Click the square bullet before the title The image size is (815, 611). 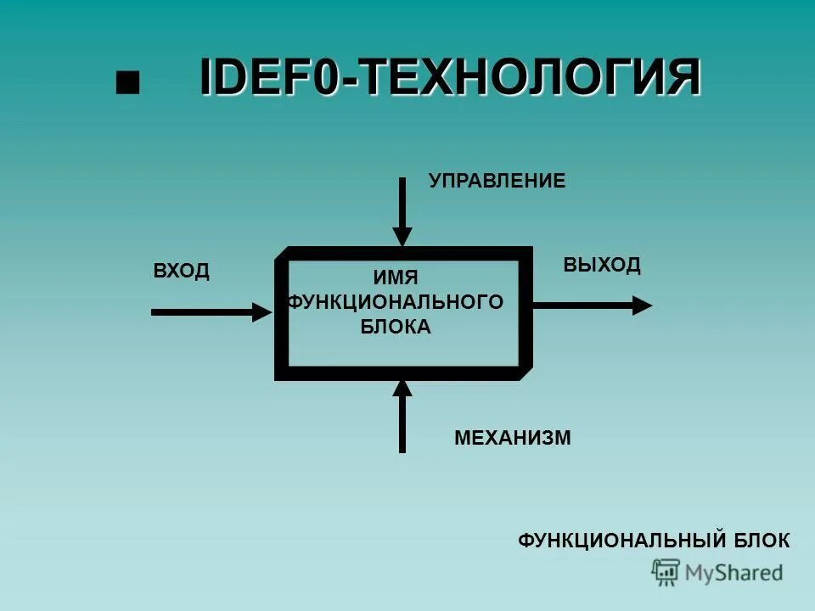(x=127, y=82)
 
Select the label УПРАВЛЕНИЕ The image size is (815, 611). (x=497, y=181)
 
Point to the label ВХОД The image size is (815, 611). (x=181, y=272)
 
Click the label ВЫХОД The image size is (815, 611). (x=602, y=265)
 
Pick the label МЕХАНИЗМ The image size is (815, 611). (x=513, y=438)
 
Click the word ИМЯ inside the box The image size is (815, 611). (x=396, y=277)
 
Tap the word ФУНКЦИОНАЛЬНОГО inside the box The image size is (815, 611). (x=396, y=301)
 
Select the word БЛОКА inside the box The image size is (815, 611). (x=396, y=327)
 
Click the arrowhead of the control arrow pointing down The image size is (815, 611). (x=402, y=236)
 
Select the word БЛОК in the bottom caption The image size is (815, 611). (x=761, y=541)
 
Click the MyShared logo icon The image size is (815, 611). (x=666, y=572)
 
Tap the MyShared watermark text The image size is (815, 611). (x=733, y=573)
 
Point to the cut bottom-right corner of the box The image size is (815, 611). (x=526, y=373)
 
